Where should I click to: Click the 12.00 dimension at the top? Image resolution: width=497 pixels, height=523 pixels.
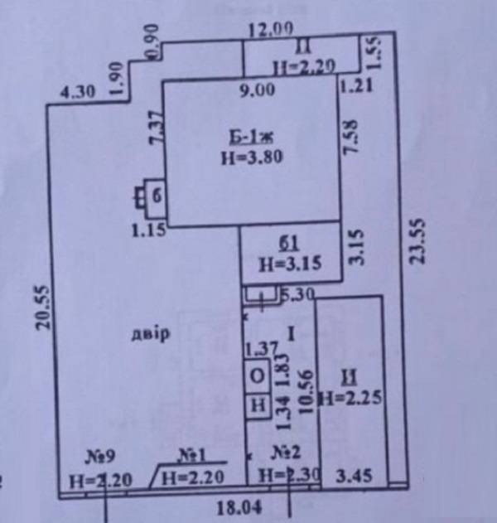(270, 29)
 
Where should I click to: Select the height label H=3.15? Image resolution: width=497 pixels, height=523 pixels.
(289, 265)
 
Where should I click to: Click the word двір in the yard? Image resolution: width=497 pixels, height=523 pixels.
(150, 334)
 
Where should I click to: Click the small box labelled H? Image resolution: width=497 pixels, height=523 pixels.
(258, 406)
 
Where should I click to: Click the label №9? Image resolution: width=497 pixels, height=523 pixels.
(101, 454)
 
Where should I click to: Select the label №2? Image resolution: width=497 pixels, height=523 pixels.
(285, 453)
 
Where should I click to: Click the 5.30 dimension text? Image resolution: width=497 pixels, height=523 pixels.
(296, 293)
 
